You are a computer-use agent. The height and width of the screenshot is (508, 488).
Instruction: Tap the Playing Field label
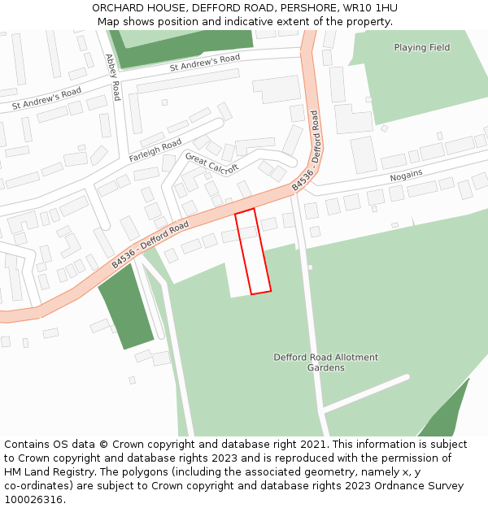(421, 47)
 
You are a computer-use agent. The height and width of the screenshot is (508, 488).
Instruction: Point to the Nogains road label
(406, 176)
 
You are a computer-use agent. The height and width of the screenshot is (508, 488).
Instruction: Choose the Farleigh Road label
(155, 150)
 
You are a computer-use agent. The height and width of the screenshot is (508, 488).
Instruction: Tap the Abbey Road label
(113, 76)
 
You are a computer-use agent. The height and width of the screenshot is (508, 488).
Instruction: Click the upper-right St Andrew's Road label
(205, 62)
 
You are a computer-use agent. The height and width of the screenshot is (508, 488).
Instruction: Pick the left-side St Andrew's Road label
(47, 99)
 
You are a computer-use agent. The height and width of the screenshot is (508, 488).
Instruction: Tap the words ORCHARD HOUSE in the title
(137, 8)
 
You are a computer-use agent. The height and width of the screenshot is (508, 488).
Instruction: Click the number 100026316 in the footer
(34, 499)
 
